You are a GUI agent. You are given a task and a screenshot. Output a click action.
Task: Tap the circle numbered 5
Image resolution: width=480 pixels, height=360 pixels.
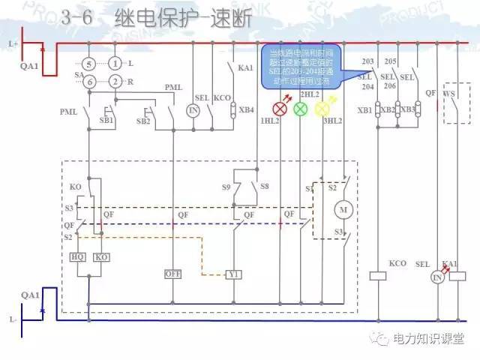[88, 64]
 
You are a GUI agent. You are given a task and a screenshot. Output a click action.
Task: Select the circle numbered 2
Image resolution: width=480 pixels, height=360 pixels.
[114, 81]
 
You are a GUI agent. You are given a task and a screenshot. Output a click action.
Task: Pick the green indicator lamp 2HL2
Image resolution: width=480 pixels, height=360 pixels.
[301, 109]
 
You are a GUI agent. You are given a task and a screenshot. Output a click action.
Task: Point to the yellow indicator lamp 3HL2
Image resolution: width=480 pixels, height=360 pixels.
[322, 109]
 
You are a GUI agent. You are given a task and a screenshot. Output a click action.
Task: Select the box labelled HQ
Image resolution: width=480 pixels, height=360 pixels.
[77, 256]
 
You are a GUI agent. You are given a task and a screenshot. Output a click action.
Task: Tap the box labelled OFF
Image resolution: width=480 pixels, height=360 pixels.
[173, 274]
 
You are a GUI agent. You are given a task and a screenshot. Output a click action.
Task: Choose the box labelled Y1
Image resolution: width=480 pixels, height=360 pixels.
[235, 274]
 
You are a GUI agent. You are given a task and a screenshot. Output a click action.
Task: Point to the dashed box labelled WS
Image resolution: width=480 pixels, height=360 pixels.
[452, 104]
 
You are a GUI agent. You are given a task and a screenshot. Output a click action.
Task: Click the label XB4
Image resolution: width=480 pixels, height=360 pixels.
[246, 109]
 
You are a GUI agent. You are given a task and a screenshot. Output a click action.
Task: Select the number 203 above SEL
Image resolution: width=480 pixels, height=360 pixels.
[367, 61]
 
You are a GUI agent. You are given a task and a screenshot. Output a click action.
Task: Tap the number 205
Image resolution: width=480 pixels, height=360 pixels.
[390, 61]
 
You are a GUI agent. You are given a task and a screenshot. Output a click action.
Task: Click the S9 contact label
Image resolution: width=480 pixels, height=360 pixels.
[226, 186]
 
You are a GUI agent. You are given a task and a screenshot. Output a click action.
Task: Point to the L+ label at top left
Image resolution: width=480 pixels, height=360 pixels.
[12, 43]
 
